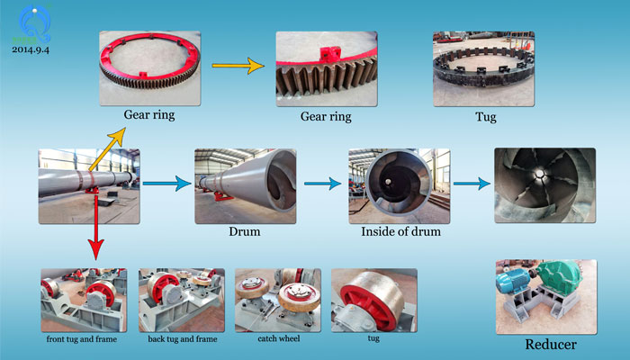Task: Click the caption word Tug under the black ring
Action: pos(484,117)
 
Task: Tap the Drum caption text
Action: pos(244,232)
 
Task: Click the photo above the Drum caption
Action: pos(245,186)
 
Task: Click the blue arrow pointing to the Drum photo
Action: pos(167,184)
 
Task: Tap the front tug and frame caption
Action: pos(84,340)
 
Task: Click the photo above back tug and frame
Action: pos(181,300)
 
